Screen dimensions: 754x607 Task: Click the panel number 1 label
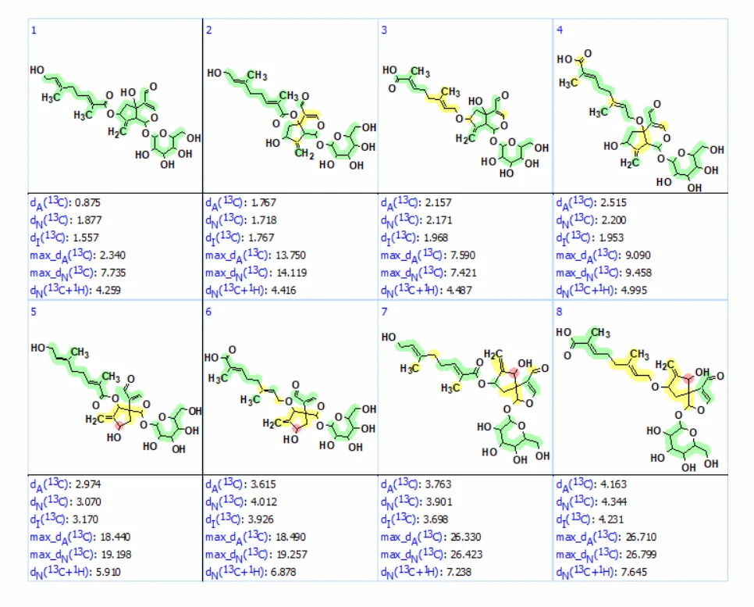tap(34, 30)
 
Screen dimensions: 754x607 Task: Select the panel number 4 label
tap(559, 30)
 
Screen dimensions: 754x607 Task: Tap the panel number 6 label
tap(208, 312)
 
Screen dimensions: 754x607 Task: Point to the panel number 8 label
tap(559, 312)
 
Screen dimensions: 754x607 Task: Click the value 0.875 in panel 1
tap(87, 202)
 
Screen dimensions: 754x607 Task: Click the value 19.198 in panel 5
tap(116, 555)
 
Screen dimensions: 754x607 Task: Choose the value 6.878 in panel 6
tap(283, 573)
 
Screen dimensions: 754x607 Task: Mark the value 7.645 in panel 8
tap(634, 573)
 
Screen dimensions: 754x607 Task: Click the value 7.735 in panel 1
tap(113, 273)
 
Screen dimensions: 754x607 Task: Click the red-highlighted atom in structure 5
tap(119, 424)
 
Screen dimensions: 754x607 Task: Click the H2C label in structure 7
tap(493, 355)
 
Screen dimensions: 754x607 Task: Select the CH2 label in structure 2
tap(304, 154)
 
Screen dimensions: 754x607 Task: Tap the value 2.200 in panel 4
tap(613, 220)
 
